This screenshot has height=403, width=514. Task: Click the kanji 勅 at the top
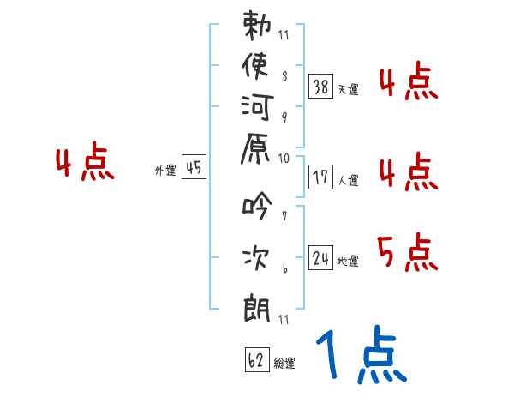click(x=257, y=25)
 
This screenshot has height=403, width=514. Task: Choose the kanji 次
click(x=257, y=256)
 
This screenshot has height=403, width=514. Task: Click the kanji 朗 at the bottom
click(x=257, y=304)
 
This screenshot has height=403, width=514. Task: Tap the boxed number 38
click(x=321, y=86)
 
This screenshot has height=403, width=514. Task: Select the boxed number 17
click(x=321, y=177)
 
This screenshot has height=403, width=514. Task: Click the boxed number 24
click(x=321, y=257)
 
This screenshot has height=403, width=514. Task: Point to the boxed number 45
click(x=193, y=168)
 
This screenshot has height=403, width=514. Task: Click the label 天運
click(x=348, y=89)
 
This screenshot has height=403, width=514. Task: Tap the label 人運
click(x=348, y=181)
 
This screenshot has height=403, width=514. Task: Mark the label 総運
click(x=284, y=364)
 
